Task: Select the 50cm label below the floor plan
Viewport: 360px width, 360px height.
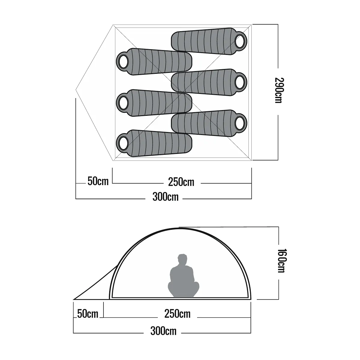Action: click(98, 181)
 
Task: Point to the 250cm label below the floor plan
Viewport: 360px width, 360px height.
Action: click(181, 182)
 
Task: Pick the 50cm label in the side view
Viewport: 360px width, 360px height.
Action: click(88, 314)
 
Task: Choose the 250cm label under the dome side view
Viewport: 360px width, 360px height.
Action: click(177, 314)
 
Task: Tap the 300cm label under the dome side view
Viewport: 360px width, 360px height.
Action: click(163, 331)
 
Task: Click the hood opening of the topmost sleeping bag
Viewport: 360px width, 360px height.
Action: click(240, 41)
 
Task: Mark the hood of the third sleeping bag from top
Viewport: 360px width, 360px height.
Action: click(240, 82)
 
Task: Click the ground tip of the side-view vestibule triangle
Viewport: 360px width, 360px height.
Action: click(74, 299)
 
